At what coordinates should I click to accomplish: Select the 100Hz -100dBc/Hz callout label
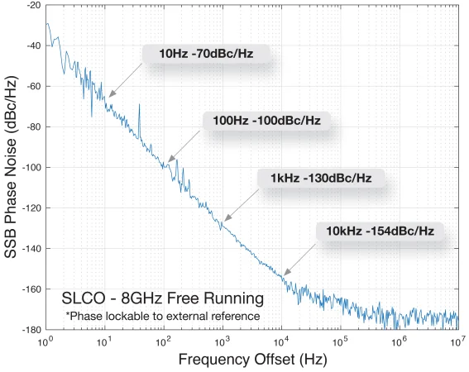pos(266,121)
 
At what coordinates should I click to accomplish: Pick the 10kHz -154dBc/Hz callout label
pos(380,230)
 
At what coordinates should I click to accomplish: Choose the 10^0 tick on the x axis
pos(45,341)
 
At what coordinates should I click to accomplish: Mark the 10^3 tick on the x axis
pos(222,341)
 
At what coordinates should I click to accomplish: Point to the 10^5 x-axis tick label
pos(340,341)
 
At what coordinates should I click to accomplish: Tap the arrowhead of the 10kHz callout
pos(285,274)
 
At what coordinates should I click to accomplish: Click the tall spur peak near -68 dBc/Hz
pos(139,105)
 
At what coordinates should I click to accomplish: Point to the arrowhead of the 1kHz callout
pos(226,220)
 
